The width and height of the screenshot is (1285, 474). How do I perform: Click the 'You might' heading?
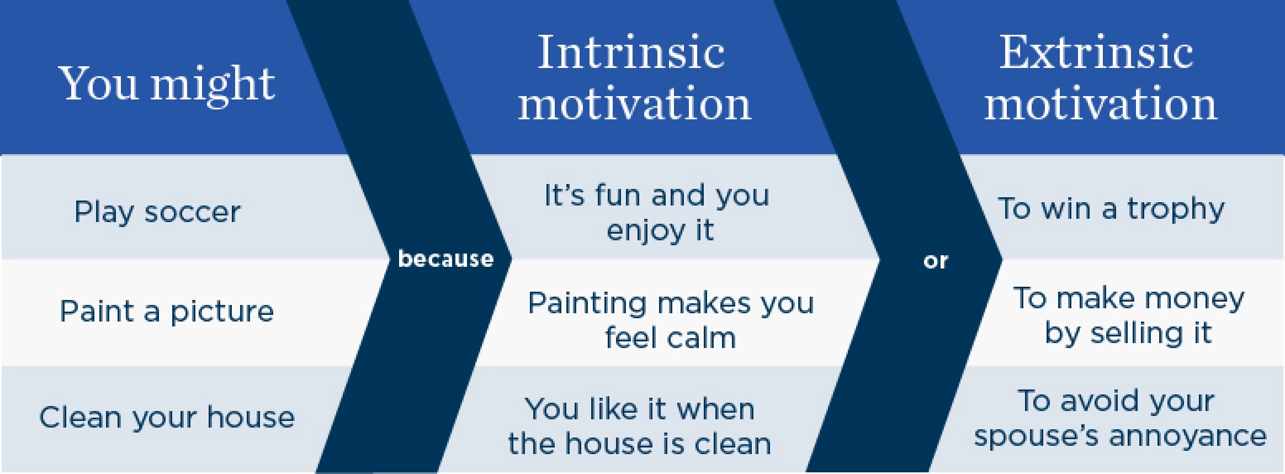click(167, 84)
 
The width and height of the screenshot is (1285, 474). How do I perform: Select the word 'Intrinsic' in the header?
click(631, 52)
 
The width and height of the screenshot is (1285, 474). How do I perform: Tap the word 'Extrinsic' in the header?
click(1096, 52)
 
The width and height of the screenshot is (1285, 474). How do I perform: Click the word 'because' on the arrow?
click(445, 259)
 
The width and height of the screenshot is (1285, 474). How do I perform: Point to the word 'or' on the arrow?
click(935, 261)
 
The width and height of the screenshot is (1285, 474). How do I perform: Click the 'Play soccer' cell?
click(157, 212)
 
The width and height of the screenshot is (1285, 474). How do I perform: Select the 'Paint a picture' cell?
click(167, 312)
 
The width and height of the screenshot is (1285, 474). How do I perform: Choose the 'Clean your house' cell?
click(167, 417)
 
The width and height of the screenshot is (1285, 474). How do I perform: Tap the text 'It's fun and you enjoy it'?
click(657, 213)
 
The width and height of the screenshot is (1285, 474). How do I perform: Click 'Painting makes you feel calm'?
click(671, 320)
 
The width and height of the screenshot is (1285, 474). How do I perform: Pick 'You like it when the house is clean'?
click(639, 426)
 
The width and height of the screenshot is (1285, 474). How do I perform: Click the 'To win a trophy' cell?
click(1111, 209)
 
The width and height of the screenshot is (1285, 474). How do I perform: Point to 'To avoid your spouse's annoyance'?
click(1120, 418)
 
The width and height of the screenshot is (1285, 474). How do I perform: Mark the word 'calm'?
click(702, 338)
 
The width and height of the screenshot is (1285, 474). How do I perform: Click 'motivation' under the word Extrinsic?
click(1101, 104)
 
